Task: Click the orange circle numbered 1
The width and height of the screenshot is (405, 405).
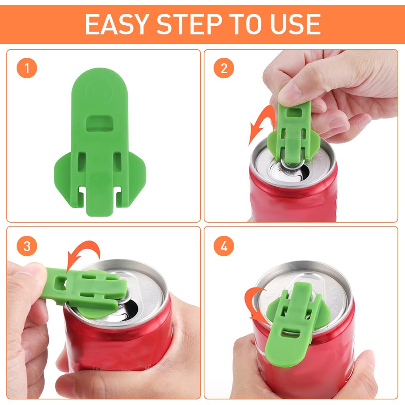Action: point(27,68)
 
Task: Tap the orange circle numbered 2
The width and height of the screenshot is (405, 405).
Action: point(224,68)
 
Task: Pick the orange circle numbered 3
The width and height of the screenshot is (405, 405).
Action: point(27,246)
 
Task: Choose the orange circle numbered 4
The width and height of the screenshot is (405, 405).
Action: point(224,246)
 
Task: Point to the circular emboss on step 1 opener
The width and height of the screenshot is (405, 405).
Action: point(100,92)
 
